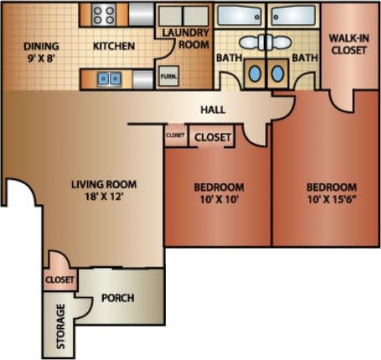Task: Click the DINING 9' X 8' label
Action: point(40,52)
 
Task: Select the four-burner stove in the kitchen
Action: point(104,14)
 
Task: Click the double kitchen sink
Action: point(109,79)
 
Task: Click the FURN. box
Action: point(168,77)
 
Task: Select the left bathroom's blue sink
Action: point(254,73)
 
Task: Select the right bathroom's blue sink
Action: point(277,73)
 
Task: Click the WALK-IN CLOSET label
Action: point(350,44)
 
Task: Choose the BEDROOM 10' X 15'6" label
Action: point(331,193)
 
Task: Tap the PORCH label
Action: point(117,297)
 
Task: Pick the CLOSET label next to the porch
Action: point(59,280)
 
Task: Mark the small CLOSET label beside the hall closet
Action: point(175,135)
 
